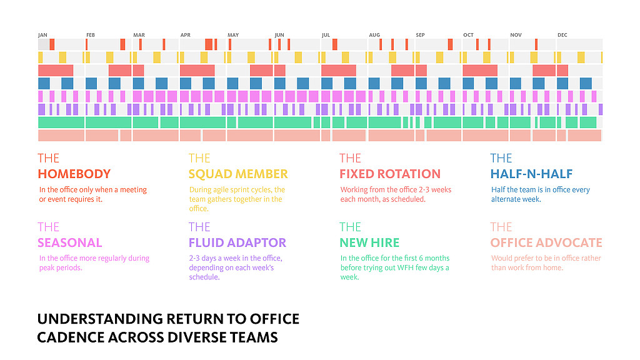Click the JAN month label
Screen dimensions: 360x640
42,35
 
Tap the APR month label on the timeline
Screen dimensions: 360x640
185,35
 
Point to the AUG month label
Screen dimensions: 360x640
374,35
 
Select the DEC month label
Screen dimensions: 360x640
562,35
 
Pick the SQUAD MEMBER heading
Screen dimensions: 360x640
238,174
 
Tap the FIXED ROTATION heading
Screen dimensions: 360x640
390,174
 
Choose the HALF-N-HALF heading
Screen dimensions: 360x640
531,174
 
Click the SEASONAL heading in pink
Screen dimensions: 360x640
69,242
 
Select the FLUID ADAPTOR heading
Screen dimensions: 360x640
237,242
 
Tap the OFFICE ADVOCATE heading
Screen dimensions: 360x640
546,242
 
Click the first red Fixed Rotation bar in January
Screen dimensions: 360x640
55,71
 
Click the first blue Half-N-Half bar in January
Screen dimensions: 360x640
44,83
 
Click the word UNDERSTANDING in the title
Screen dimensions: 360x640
99,319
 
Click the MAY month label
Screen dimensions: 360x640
233,35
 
